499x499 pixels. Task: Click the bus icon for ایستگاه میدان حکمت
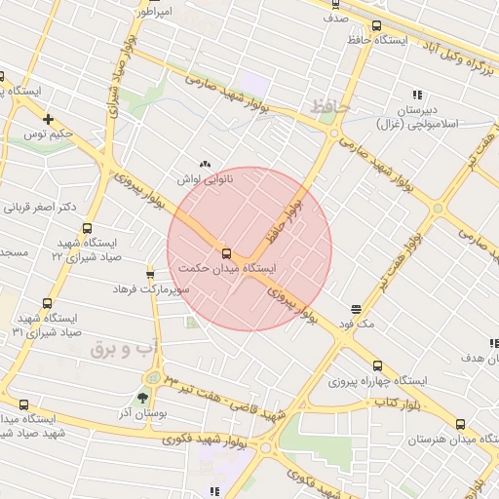[x=227, y=254]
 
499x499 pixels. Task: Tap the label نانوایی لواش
[x=205, y=179]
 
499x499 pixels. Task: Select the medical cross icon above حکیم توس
[x=47, y=119]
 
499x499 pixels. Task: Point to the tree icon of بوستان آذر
[x=143, y=398]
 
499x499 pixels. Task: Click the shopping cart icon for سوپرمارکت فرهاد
[x=150, y=274]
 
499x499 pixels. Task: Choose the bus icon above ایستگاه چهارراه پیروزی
[x=377, y=365]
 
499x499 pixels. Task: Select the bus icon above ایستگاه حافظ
[x=376, y=26]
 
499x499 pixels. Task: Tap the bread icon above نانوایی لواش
[x=205, y=164]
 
